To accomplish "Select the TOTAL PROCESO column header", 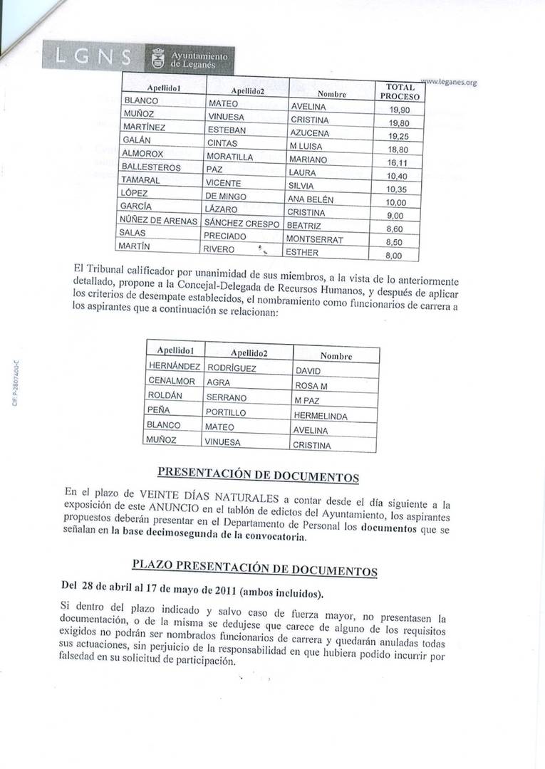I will (400, 91).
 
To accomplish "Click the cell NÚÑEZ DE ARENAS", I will (158, 221).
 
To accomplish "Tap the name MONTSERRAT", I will (314, 240).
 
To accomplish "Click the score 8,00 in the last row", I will (394, 255).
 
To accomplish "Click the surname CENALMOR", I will (171, 382).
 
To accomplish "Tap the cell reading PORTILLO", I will (227, 412).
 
